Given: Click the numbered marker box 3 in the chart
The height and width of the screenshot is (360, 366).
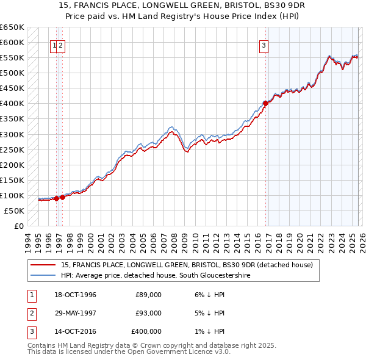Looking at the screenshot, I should pyautogui.click(x=264, y=45).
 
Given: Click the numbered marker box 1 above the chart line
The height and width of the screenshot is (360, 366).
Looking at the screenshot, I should pyautogui.click(x=54, y=45).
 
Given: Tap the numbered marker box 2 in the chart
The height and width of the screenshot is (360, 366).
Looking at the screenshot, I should pyautogui.click(x=62, y=45).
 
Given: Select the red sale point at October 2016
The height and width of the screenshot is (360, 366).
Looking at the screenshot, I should pyautogui.click(x=265, y=104).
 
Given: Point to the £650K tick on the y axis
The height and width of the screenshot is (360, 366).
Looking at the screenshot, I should pyautogui.click(x=12, y=27).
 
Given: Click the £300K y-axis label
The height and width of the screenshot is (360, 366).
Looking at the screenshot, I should pyautogui.click(x=12, y=134).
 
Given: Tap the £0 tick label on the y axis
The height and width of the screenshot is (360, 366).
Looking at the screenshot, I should pyautogui.click(x=18, y=226).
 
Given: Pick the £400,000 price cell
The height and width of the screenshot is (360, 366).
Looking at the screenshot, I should pyautogui.click(x=146, y=331).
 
